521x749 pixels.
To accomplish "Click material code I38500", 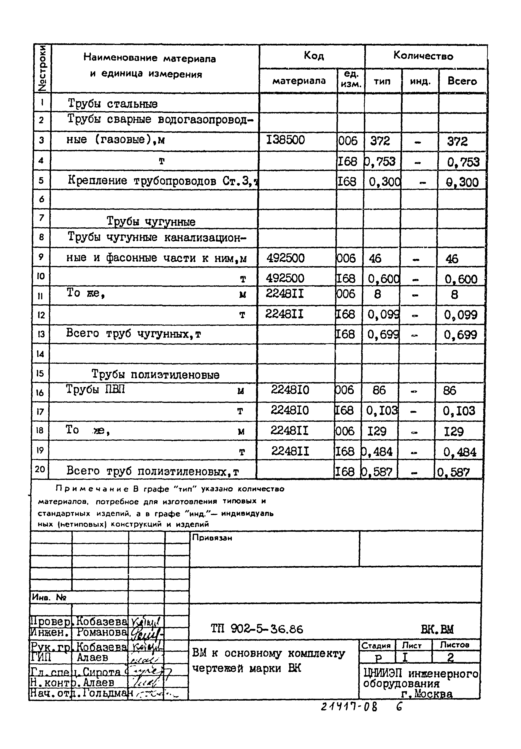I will (286, 140).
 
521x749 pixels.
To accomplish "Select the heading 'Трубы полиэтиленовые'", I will (155, 374).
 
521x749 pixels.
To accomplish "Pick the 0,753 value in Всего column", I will (463, 162).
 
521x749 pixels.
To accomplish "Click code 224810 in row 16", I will (290, 390).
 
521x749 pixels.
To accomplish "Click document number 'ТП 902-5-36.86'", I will (257, 629).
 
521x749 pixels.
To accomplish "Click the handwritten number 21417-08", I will (349, 707).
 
